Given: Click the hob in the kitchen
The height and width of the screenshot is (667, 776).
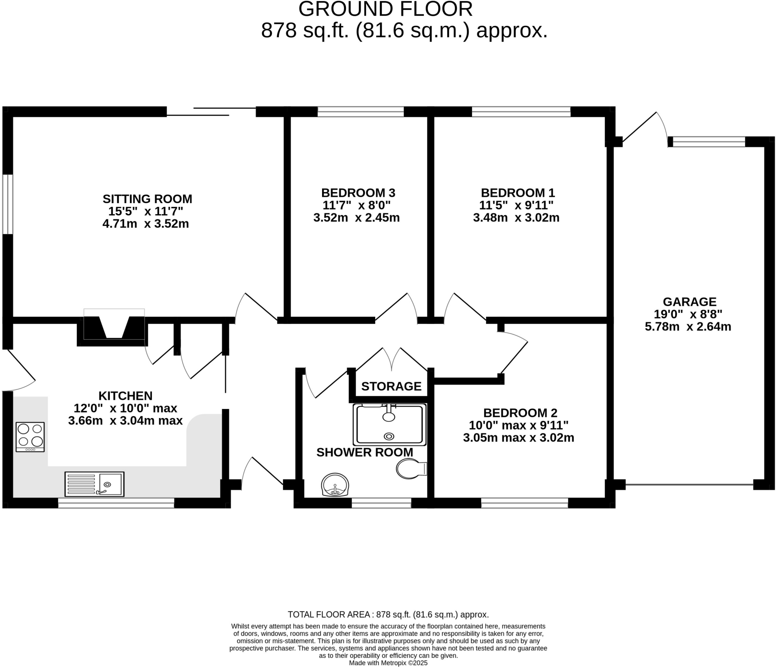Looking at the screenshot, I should (30, 437).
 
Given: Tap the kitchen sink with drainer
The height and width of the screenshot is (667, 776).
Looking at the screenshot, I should (94, 484).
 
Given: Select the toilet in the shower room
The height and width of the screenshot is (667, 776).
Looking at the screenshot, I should (411, 469).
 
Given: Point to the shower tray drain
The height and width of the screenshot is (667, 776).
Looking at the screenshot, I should (389, 436).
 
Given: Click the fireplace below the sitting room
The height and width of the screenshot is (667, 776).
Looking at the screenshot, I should (114, 328).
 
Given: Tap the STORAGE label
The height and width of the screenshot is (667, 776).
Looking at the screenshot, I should (391, 386).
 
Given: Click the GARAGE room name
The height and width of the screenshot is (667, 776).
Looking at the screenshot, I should (690, 302).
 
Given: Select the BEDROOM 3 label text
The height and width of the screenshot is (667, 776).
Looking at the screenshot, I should (358, 193).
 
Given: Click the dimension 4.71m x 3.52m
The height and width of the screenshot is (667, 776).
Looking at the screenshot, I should (145, 224).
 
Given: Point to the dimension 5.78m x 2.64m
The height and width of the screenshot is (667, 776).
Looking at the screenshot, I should (688, 326).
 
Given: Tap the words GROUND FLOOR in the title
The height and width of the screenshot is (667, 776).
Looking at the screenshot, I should (385, 9).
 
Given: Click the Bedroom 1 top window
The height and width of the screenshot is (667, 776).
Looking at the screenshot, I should (521, 111).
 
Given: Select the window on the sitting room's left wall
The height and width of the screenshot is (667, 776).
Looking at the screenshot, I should (8, 204).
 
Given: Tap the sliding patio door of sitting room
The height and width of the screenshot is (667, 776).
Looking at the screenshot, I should (211, 111).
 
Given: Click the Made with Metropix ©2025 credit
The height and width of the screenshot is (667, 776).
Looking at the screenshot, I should (388, 663).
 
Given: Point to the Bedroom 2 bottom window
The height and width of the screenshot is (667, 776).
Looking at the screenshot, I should (524, 503).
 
